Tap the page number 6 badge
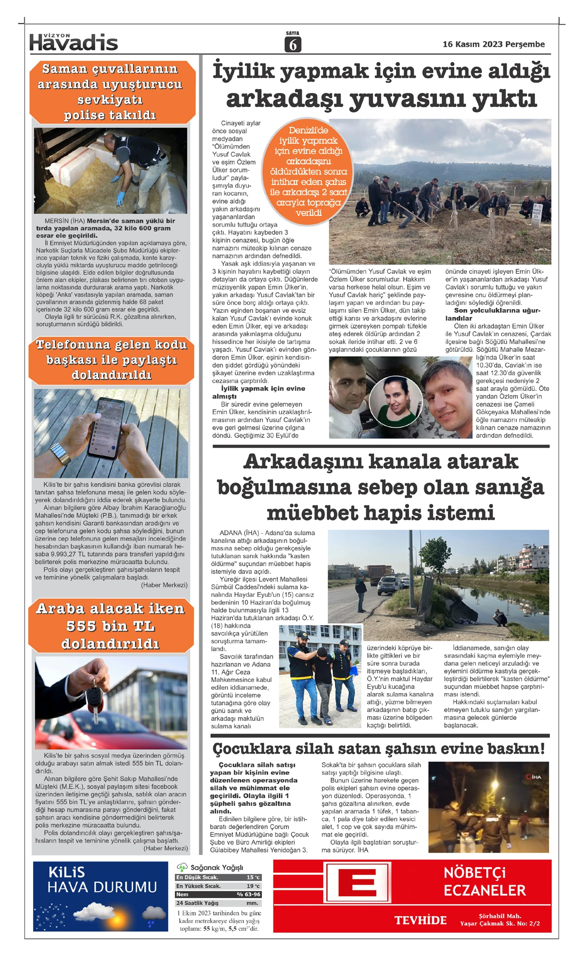pos(292,44)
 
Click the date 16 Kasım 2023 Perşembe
pos(493,44)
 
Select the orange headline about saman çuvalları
pos(111,92)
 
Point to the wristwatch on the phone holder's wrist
pos(61,454)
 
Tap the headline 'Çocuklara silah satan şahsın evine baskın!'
pos(378,749)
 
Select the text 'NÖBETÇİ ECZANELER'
pos(484,882)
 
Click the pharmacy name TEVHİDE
pos(420,920)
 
